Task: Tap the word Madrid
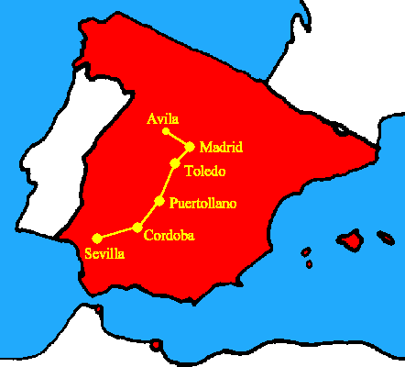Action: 220,147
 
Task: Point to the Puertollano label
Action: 203,202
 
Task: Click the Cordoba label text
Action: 169,235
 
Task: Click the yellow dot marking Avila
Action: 165,131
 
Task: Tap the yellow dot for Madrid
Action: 190,147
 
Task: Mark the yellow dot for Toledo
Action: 175,164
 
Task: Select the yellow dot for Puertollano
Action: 159,201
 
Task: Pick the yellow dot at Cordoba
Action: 137,227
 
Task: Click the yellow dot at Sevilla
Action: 97,239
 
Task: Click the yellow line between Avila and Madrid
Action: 177,139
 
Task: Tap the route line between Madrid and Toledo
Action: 182,156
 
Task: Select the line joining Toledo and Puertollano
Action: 168,183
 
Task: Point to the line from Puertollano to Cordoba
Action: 148,214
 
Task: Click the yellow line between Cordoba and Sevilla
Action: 117,233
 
